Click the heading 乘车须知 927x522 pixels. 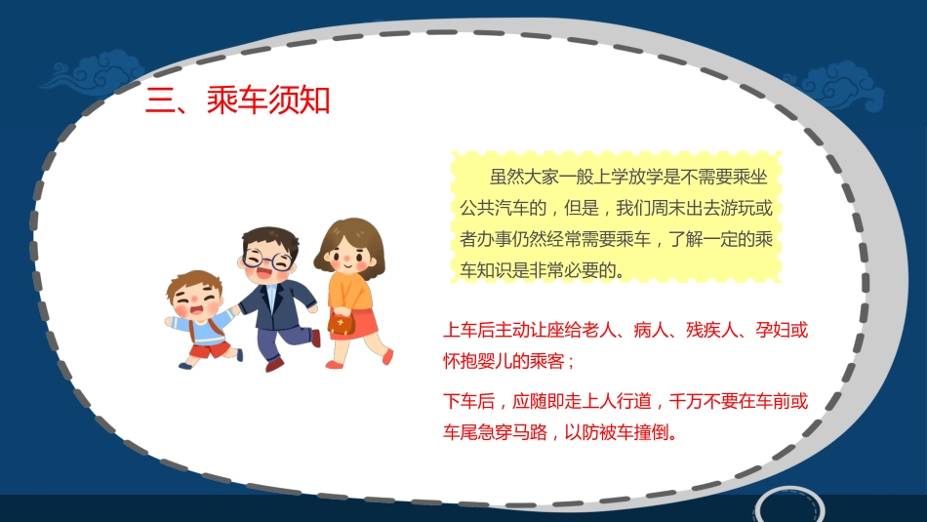tap(268, 100)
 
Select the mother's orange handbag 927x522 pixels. tap(342, 323)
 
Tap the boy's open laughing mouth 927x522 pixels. tap(205, 310)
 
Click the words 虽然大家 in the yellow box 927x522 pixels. tap(525, 177)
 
